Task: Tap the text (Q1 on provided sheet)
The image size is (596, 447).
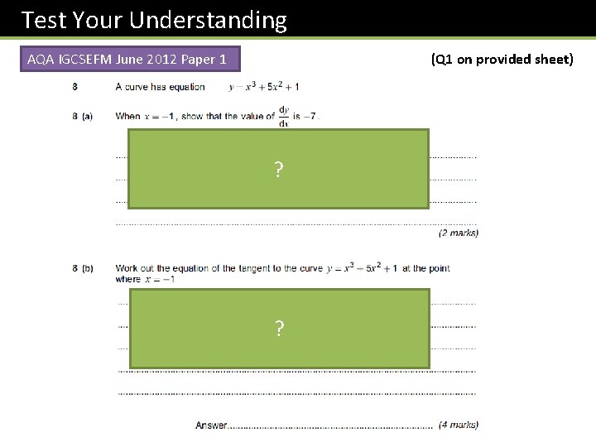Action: [502, 60]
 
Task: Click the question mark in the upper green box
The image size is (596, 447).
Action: [279, 171]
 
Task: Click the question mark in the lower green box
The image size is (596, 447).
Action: [279, 329]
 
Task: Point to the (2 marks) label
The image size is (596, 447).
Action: [458, 233]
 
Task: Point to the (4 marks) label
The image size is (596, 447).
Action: [458, 425]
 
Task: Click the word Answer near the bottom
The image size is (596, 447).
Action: [211, 425]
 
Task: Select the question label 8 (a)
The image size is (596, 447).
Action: [82, 116]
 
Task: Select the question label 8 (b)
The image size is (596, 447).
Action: [82, 268]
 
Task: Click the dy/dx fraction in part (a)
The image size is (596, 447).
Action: [285, 116]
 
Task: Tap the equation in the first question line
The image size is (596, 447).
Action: [263, 86]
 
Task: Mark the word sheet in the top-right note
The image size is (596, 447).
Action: [553, 60]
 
